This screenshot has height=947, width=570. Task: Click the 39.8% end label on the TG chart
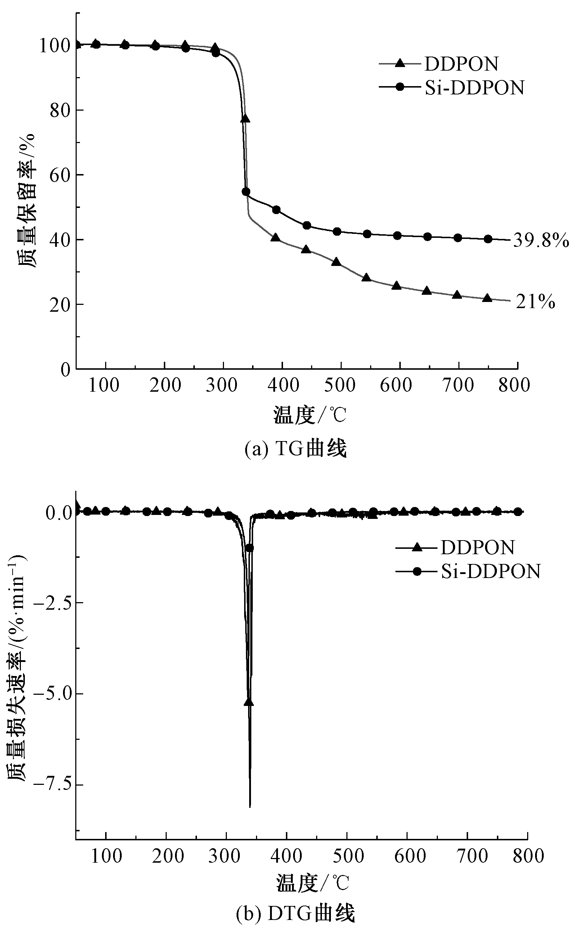click(541, 241)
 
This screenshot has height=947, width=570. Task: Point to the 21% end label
click(535, 302)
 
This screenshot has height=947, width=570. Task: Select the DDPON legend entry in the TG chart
click(461, 64)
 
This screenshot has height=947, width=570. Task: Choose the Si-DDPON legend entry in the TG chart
click(474, 88)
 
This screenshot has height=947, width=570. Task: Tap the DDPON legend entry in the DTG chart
click(477, 547)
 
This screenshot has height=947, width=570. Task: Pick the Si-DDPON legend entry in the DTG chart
click(490, 571)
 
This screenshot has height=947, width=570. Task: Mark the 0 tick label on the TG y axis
click(66, 369)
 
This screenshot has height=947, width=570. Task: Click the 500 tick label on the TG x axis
click(340, 385)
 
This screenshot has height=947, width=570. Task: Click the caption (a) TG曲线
click(296, 449)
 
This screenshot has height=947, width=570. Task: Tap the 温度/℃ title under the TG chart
click(310, 415)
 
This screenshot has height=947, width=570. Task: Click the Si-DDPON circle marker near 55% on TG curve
click(246, 191)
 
